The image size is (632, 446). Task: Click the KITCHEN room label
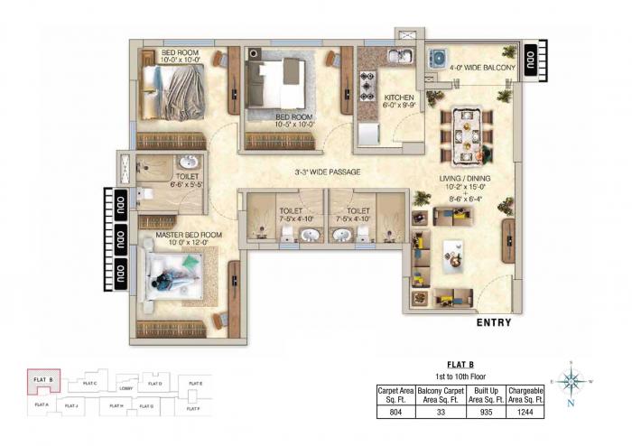pos(398,97)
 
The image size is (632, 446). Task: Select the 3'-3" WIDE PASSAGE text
pos(328,172)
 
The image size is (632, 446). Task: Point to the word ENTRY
pos(493,322)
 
